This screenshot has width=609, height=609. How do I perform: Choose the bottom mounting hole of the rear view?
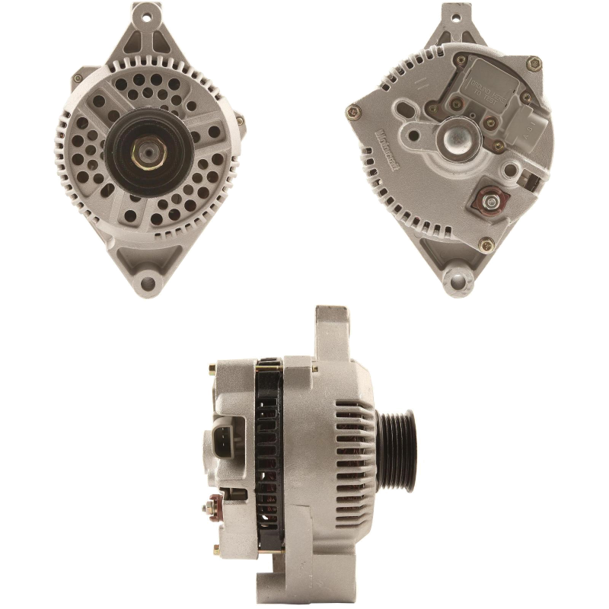(460, 282)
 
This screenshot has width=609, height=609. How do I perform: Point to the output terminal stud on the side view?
(215, 504)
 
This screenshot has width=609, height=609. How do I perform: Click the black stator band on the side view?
(269, 457)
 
